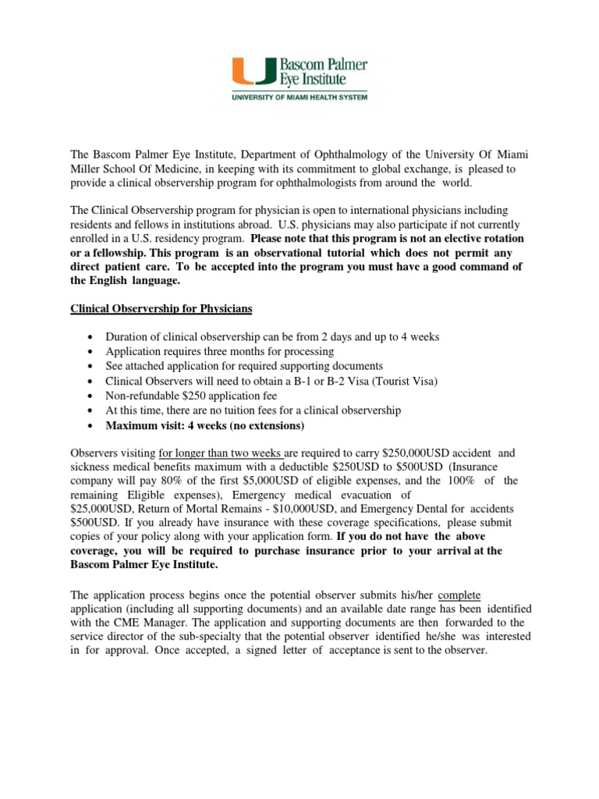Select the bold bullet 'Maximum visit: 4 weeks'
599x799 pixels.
[205, 425]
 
